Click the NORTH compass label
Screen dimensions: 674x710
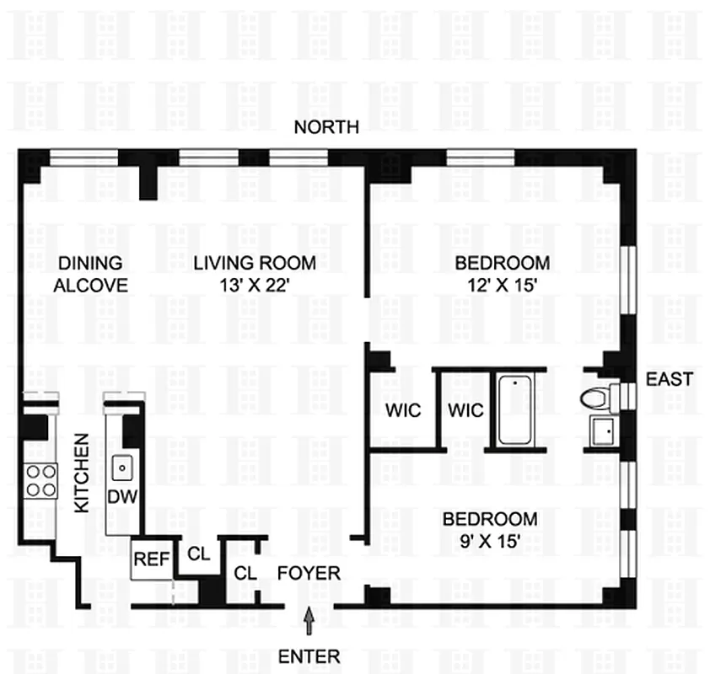tap(326, 128)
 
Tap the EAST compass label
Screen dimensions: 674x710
tap(670, 379)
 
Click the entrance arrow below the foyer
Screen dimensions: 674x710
tap(310, 623)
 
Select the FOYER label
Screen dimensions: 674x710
tap(309, 574)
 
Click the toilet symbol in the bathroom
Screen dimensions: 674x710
tap(596, 397)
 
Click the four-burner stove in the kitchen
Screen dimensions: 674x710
tap(40, 480)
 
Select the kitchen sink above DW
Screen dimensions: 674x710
tap(123, 466)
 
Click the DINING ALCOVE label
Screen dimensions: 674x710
tap(90, 275)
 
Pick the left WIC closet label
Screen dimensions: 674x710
tap(401, 411)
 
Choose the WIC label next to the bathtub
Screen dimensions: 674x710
tap(465, 411)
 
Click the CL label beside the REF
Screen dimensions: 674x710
tap(199, 554)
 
